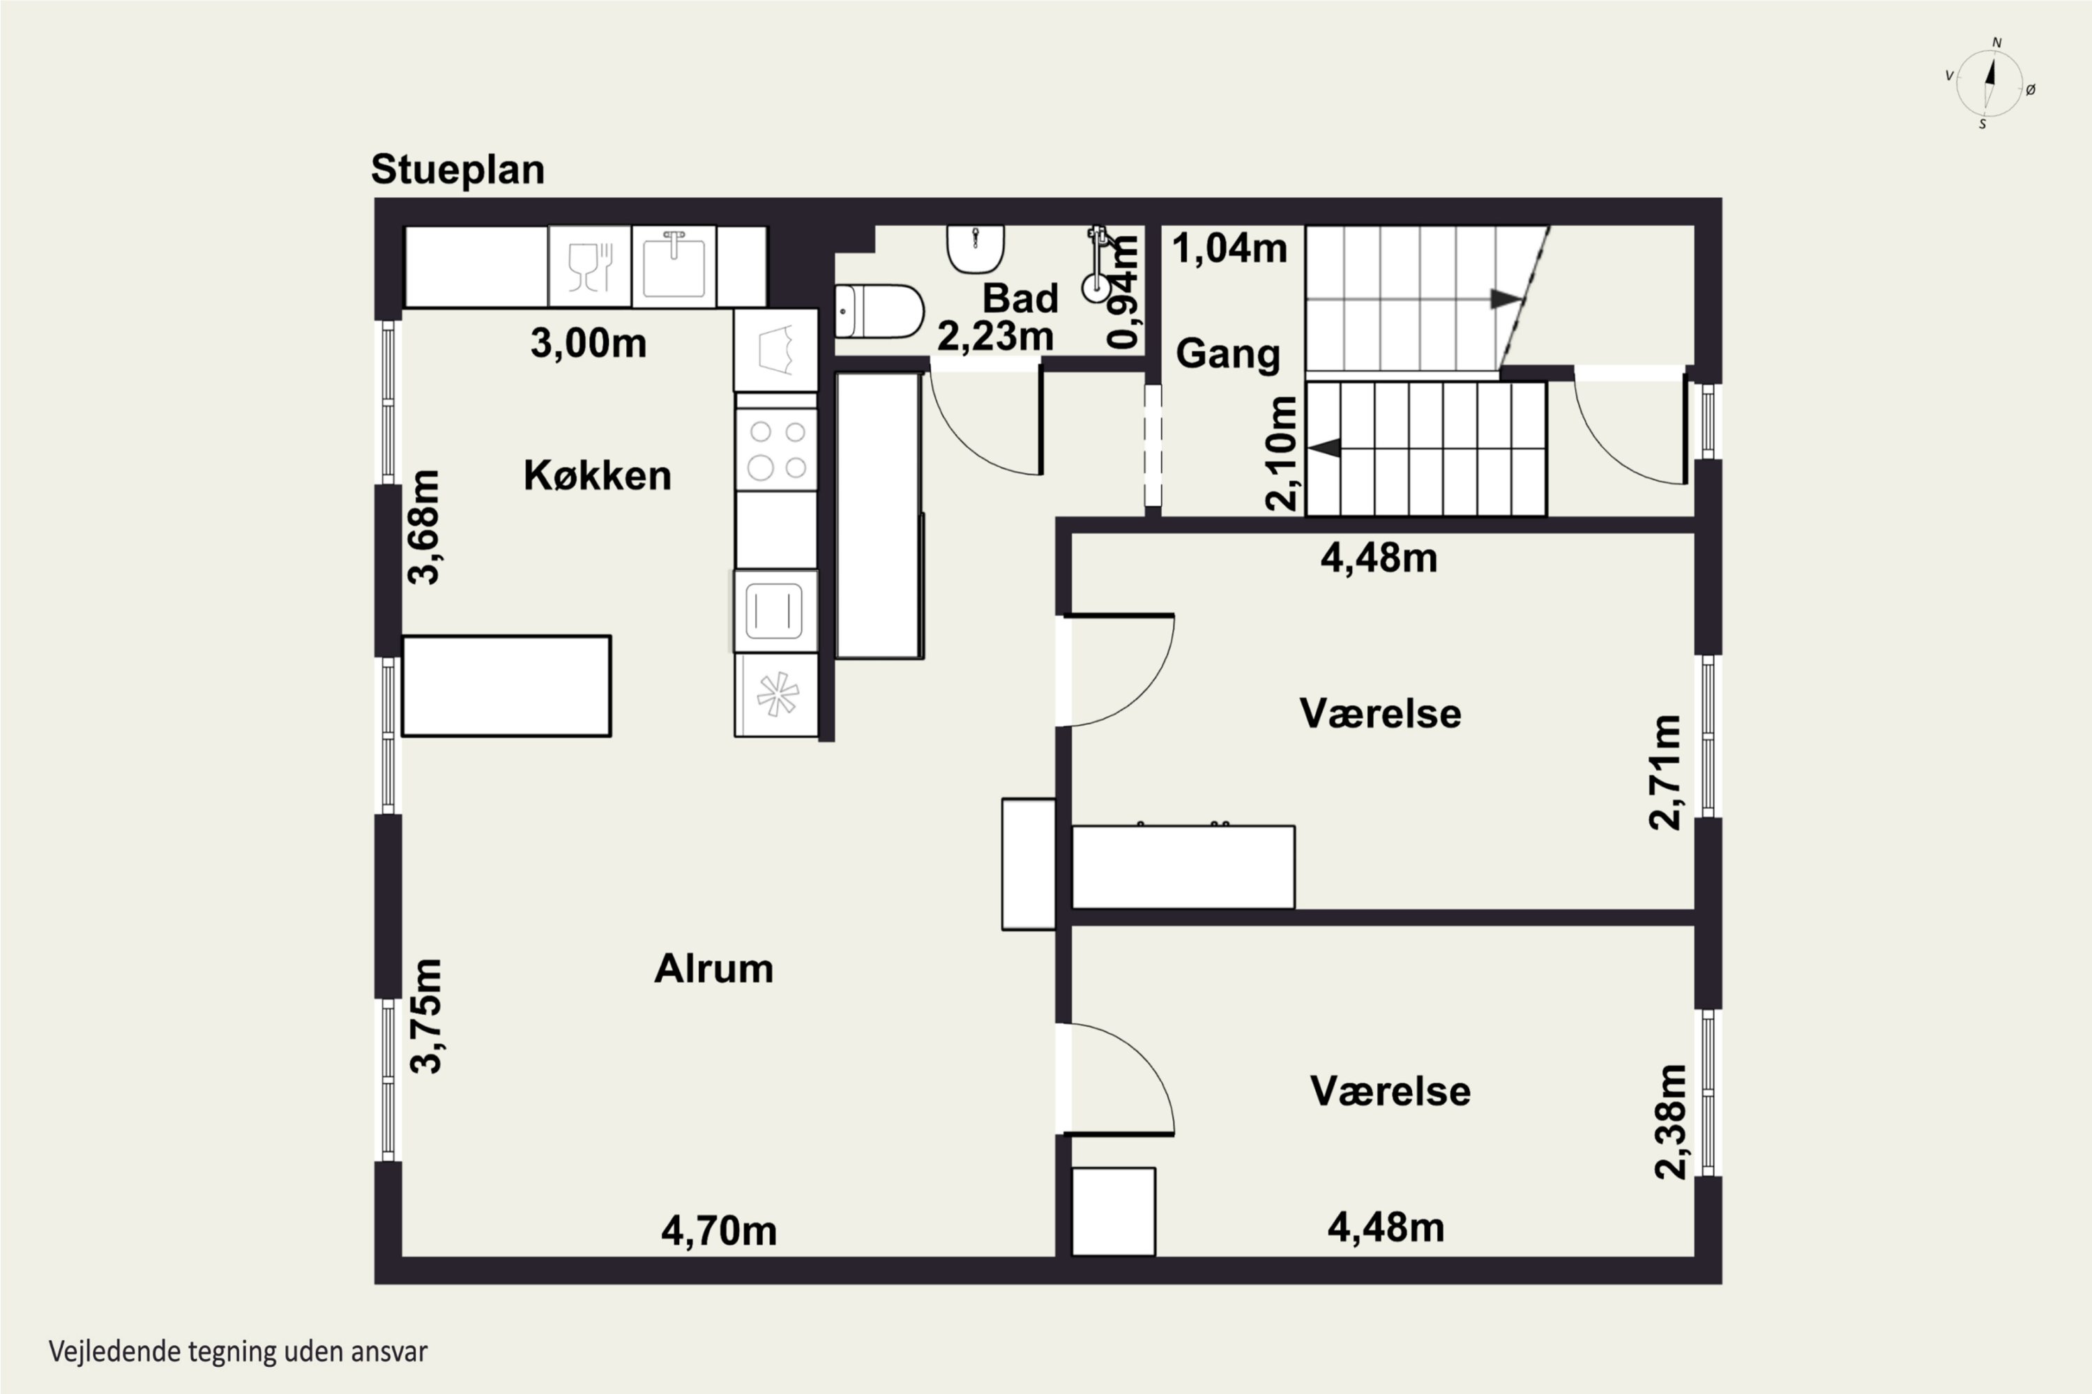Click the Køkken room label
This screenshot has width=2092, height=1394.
(597, 475)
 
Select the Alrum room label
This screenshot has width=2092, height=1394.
(713, 968)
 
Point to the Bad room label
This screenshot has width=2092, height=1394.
(1020, 298)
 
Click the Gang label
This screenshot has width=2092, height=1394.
(1227, 354)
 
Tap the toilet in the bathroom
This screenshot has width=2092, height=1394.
(879, 311)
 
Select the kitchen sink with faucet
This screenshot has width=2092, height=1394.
(674, 266)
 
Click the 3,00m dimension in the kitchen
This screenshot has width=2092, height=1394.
(588, 343)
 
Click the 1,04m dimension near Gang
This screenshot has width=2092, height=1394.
(1229, 248)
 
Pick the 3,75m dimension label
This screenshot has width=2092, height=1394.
(425, 1016)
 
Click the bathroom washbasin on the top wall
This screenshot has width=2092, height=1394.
(976, 249)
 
